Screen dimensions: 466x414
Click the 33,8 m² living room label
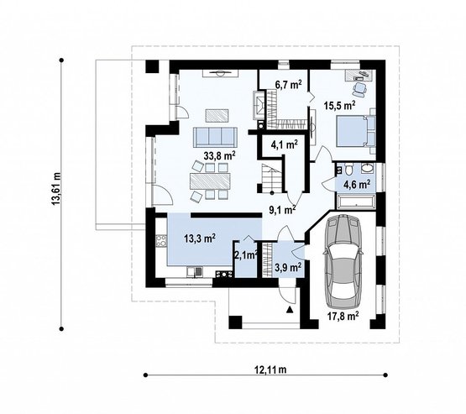tap(220, 155)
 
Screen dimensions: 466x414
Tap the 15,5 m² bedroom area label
tap(340, 105)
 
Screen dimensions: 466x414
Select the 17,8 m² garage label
tap(343, 316)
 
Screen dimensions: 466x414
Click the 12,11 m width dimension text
tap(270, 370)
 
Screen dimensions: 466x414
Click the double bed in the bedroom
tap(356, 131)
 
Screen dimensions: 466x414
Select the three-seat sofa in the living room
tap(215, 137)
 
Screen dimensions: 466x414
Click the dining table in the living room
tap(210, 181)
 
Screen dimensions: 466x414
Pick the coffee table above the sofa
tap(217, 115)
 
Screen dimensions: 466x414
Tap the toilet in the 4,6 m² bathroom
tap(349, 169)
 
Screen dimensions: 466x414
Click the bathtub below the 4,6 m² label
tap(355, 202)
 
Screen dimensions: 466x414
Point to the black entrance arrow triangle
tap(290, 310)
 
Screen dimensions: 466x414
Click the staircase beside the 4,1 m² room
tap(272, 178)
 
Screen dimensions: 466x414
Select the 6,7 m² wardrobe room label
tap(289, 86)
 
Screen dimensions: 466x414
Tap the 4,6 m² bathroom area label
tap(357, 184)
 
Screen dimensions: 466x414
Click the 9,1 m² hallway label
tap(282, 210)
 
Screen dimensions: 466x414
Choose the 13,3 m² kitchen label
tap(200, 238)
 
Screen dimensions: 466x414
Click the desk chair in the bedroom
tap(359, 88)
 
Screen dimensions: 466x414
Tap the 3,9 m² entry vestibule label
tap(288, 267)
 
